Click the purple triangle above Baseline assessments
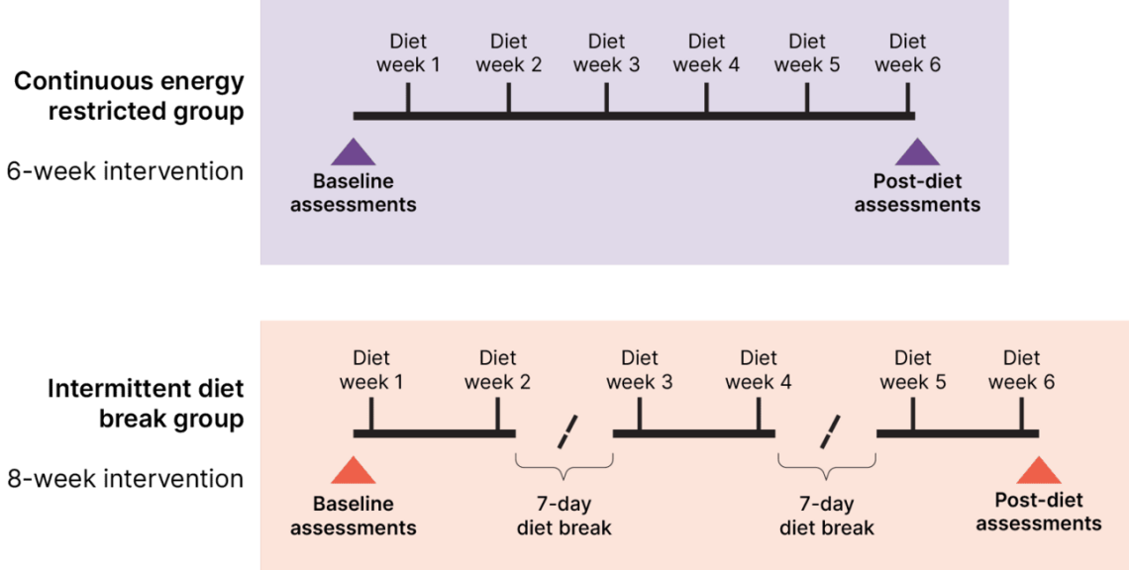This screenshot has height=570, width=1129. (354, 152)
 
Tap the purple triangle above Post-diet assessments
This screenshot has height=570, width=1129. (917, 152)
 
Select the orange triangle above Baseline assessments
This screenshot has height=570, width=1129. (354, 471)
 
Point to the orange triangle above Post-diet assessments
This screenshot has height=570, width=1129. (1038, 471)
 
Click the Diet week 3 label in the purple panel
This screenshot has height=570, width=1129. (606, 53)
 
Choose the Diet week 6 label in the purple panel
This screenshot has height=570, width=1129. (907, 53)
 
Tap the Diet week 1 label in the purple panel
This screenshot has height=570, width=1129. (408, 53)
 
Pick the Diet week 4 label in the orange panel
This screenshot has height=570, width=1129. (759, 370)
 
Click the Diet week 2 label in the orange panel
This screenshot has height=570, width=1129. (497, 370)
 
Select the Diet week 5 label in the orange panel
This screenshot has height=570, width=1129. (912, 370)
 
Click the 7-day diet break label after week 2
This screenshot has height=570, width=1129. (564, 517)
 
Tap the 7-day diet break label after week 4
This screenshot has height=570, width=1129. (827, 517)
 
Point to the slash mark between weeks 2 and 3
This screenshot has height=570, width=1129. (566, 432)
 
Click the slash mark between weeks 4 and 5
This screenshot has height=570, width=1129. (829, 432)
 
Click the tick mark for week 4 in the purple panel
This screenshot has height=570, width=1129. (706, 100)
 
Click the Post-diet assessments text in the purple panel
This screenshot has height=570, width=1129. (917, 193)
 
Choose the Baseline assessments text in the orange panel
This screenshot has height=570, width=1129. (354, 516)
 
